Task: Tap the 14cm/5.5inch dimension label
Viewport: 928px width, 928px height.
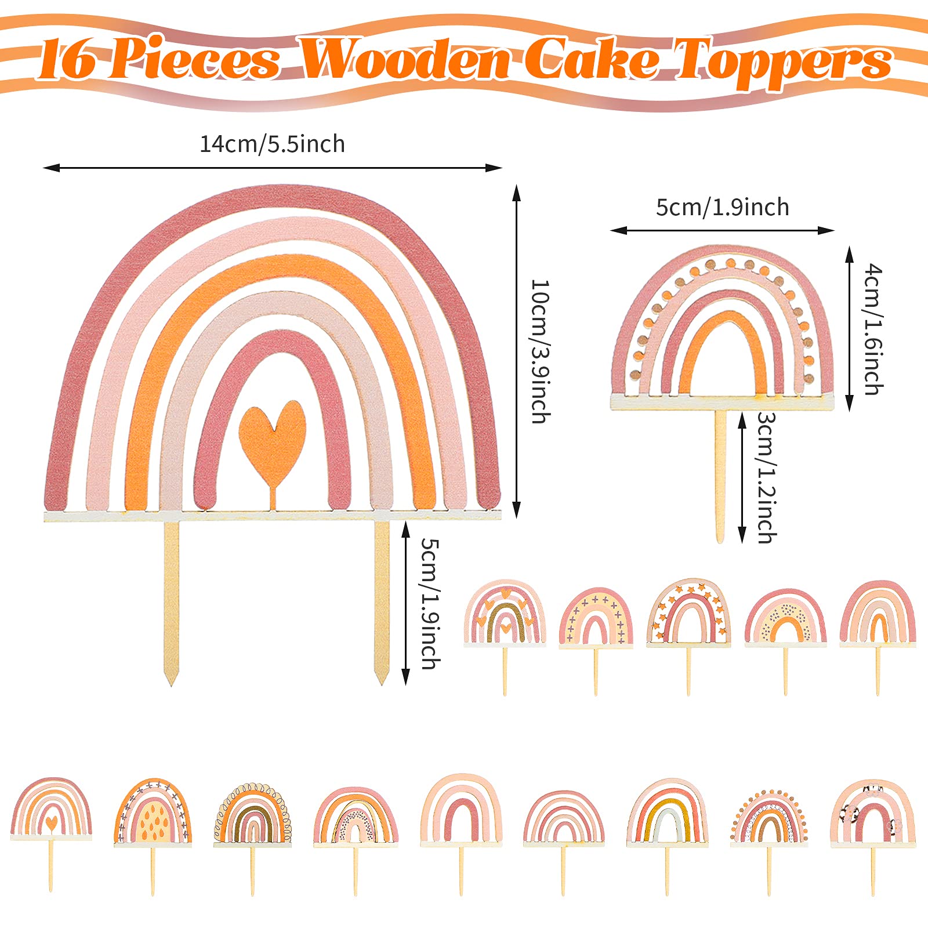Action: point(272,144)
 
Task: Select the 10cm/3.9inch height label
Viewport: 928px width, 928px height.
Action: point(540,351)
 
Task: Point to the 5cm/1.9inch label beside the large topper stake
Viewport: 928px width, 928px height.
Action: point(430,603)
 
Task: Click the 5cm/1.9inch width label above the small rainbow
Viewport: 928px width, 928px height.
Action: point(722,207)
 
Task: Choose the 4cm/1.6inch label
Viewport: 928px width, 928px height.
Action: point(873,329)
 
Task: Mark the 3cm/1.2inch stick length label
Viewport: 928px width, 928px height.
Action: point(766,478)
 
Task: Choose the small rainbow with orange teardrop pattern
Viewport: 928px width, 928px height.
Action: point(153,812)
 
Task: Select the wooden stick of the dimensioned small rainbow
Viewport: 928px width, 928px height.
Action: point(720,476)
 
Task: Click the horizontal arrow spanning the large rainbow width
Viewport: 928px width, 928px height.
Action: point(272,168)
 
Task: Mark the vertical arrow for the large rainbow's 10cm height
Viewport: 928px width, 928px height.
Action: point(516,351)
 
